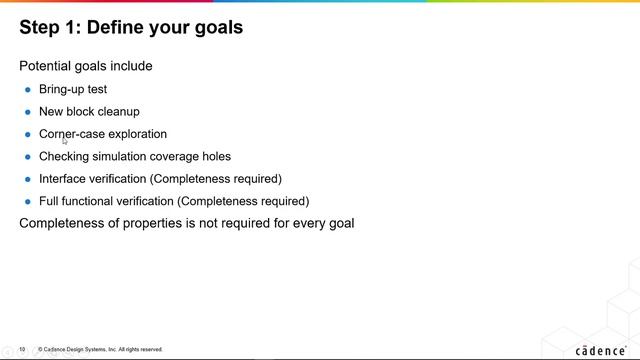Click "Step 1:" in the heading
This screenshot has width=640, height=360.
coord(50,28)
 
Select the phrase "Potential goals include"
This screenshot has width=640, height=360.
coord(86,66)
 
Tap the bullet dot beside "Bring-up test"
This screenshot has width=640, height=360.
coord(28,90)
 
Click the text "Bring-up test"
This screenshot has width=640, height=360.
coord(73,89)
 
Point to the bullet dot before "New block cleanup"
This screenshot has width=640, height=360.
coord(28,112)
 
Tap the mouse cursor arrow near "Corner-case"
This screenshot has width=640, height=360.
coord(65,141)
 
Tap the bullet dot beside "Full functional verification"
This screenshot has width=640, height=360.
coord(28,202)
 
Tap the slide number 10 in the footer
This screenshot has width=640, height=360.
coord(22,349)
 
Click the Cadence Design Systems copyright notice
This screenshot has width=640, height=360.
coord(100,349)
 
